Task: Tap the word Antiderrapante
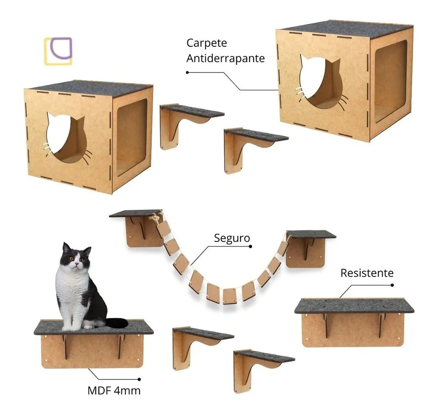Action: (x=225, y=58)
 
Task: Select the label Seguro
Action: (x=232, y=238)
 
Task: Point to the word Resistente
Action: (x=367, y=273)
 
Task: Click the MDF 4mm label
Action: (x=114, y=390)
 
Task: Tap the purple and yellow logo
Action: (x=58, y=51)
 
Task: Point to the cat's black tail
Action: (x=117, y=323)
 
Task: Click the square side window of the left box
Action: (x=132, y=137)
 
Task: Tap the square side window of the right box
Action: (x=391, y=81)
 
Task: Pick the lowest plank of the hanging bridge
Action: (x=230, y=296)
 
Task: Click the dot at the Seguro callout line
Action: (x=250, y=246)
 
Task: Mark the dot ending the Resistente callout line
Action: (x=392, y=285)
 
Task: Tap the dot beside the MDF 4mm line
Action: (x=139, y=379)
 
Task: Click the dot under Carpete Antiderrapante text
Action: (x=187, y=73)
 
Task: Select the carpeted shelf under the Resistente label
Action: (x=354, y=305)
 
